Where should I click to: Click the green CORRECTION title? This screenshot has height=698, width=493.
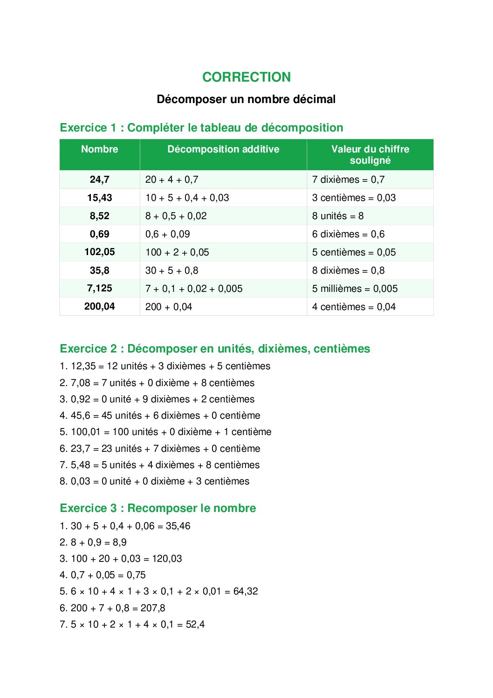[x=246, y=77]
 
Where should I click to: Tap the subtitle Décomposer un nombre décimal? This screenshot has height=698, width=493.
[x=246, y=99]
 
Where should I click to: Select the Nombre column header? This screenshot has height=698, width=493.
[x=99, y=149]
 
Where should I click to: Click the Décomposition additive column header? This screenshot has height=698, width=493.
[x=223, y=149]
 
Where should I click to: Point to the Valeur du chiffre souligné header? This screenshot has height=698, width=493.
[x=370, y=155]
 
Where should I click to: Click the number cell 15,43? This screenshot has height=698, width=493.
[x=99, y=198]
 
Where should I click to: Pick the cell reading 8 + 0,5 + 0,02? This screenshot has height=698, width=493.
[x=176, y=216]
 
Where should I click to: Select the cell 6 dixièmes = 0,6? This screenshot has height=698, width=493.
[x=348, y=234]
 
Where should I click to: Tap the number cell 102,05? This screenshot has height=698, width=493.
[x=99, y=252]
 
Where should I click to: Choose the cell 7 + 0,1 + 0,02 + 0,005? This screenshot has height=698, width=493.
[x=194, y=289]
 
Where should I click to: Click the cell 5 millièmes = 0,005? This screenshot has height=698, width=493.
[x=355, y=289]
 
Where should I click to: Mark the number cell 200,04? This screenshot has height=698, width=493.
[x=99, y=307]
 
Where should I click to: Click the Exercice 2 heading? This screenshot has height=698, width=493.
[x=215, y=349]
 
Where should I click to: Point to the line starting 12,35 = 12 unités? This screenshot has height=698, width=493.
[x=165, y=366]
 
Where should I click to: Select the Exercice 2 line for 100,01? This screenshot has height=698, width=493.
[x=165, y=432]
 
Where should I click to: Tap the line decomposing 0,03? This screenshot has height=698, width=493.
[x=154, y=481]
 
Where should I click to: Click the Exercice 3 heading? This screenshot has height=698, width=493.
[x=158, y=508]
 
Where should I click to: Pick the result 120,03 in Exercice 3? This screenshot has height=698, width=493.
[x=166, y=559]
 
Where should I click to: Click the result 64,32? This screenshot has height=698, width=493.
[x=246, y=591]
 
